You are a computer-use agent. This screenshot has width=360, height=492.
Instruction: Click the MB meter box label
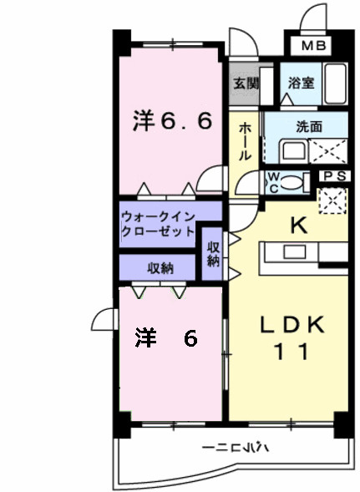pos(313,45)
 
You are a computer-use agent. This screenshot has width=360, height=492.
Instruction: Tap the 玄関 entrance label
pos(246,84)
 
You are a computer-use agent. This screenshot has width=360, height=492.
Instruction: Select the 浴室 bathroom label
pos(301,84)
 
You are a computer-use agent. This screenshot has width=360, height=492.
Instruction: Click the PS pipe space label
pos(334,176)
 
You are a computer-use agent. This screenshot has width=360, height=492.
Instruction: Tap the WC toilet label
pos(272,182)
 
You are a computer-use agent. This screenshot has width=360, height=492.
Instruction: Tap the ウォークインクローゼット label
pos(160,221)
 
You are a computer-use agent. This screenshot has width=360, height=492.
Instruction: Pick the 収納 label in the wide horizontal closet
pos(160,267)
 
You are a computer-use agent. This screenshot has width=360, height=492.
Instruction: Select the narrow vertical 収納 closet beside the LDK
pos(214,253)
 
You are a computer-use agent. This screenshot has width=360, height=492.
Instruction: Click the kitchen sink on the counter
pos(295,251)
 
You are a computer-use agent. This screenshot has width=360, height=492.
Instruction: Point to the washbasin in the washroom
pos(292,151)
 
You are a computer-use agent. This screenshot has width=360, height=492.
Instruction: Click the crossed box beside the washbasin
pos(329,151)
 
